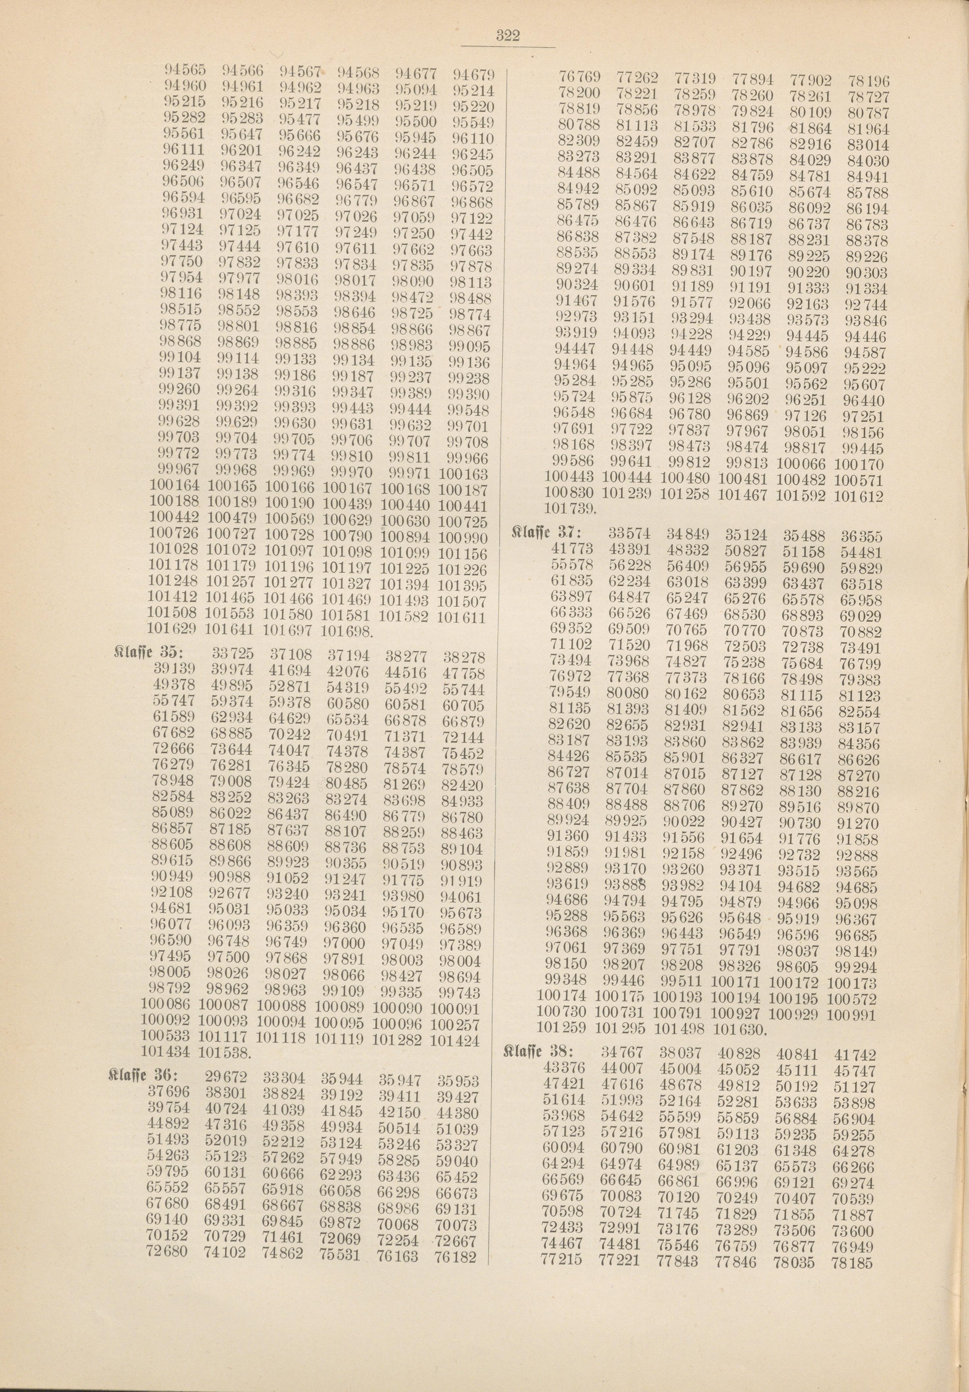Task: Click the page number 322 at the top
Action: [x=508, y=35]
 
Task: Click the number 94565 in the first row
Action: [x=185, y=70]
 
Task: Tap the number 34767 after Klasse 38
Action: [x=624, y=1054]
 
